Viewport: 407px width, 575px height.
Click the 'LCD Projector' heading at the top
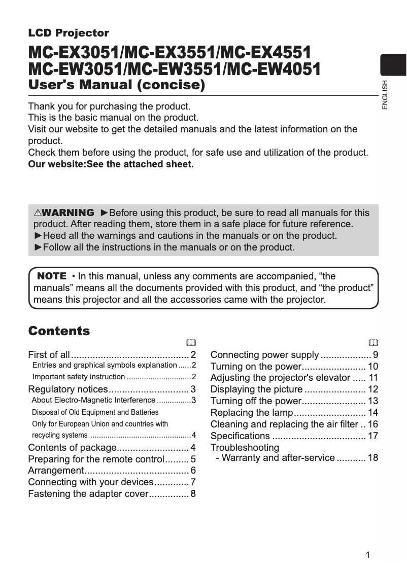pos(69,33)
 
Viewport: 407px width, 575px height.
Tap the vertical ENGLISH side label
pos(385,95)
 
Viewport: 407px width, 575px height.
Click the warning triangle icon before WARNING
pos(38,213)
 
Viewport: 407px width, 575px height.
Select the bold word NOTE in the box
pos(52,276)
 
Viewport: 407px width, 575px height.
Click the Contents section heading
pos(59,331)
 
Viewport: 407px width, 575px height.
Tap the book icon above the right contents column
pos(374,342)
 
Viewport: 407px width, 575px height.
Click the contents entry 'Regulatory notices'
pos(68,389)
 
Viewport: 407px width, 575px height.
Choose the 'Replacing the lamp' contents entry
pos(252,413)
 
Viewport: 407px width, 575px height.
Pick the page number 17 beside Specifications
pos(373,436)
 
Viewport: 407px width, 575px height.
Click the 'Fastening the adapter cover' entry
pos(87,494)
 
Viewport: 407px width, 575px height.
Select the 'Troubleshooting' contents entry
pos(245,448)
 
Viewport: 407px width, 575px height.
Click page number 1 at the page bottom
pos(368,555)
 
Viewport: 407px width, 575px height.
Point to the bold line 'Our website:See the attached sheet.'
pos(111,164)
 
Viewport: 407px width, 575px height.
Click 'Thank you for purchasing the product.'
pos(109,106)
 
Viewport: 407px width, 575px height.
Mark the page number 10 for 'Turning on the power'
pos(373,366)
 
